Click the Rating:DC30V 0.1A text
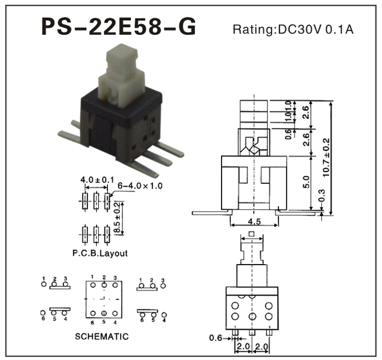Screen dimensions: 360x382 pos(293,29)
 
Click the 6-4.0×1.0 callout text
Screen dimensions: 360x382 pos(140,187)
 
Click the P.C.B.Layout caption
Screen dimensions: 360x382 pos(100,254)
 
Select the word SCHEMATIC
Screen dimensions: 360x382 pos(102,337)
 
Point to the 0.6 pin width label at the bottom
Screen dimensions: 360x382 pos(216,338)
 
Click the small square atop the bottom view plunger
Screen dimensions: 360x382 pos(252,235)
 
